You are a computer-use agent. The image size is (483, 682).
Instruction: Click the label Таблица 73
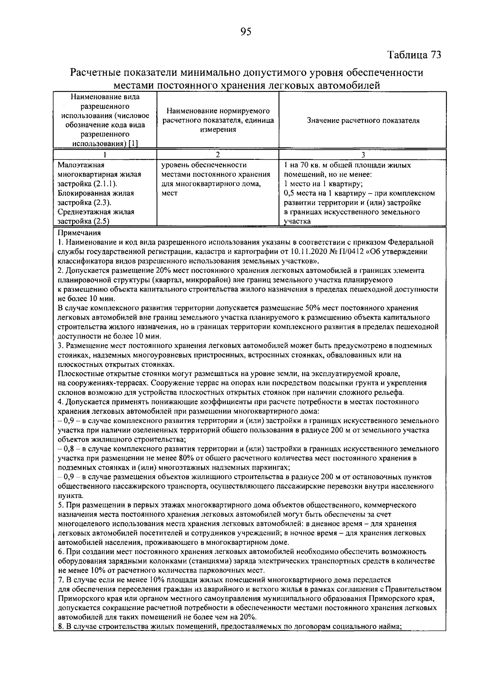414,55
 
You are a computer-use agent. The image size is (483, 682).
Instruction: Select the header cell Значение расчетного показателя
363,120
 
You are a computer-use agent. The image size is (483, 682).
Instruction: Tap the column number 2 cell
217,155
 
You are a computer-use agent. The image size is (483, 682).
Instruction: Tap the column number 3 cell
363,155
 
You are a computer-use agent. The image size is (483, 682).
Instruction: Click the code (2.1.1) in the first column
105,184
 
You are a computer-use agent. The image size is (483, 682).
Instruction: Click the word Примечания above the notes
79,233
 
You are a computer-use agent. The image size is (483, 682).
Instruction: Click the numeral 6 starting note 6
60,552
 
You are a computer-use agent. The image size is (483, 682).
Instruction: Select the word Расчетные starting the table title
95,73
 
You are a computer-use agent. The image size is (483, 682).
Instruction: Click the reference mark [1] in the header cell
132,144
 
